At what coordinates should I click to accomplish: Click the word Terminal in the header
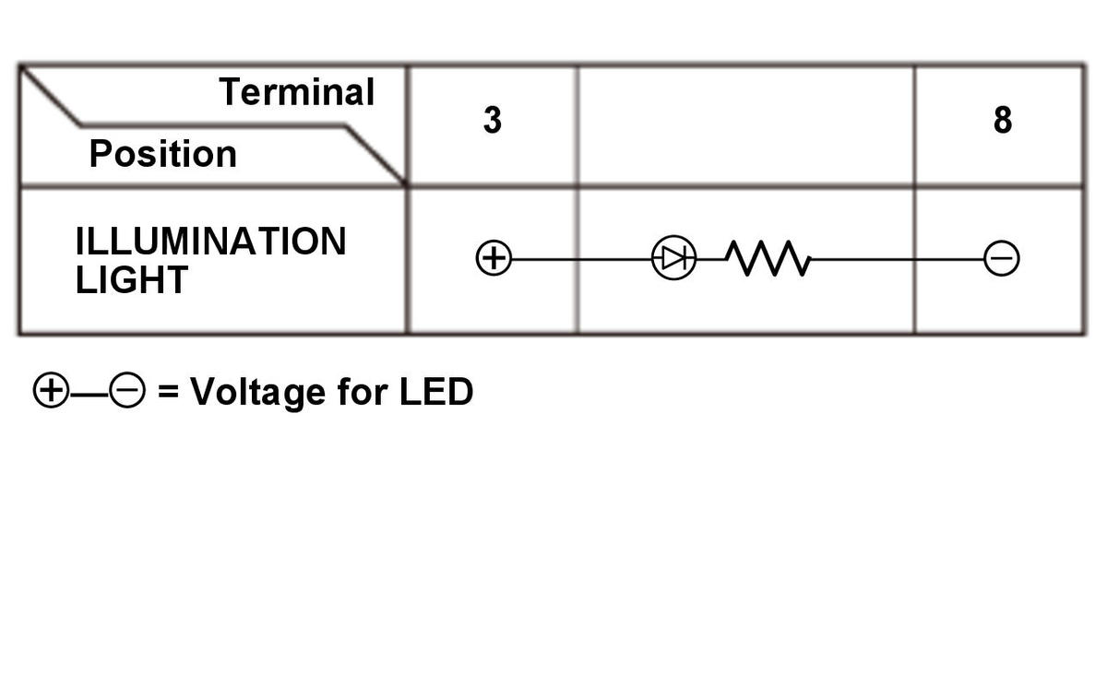point(296,92)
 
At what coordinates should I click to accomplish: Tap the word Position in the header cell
point(163,154)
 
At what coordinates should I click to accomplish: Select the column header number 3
point(493,120)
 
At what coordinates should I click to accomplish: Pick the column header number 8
point(1003,120)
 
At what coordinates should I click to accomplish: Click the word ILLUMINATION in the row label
point(211,242)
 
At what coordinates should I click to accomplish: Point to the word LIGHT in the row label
point(131,279)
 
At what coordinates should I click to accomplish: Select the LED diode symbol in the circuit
point(673,258)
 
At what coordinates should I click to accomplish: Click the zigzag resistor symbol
point(768,258)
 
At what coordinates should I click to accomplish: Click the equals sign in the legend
point(168,391)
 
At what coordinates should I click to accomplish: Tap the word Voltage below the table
point(258,393)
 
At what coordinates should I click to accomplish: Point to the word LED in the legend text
point(436,392)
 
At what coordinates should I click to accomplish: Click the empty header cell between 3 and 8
point(746,126)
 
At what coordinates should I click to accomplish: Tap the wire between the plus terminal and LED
point(581,259)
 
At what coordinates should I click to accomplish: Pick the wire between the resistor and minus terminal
point(898,259)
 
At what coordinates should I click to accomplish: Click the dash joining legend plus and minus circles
point(89,394)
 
